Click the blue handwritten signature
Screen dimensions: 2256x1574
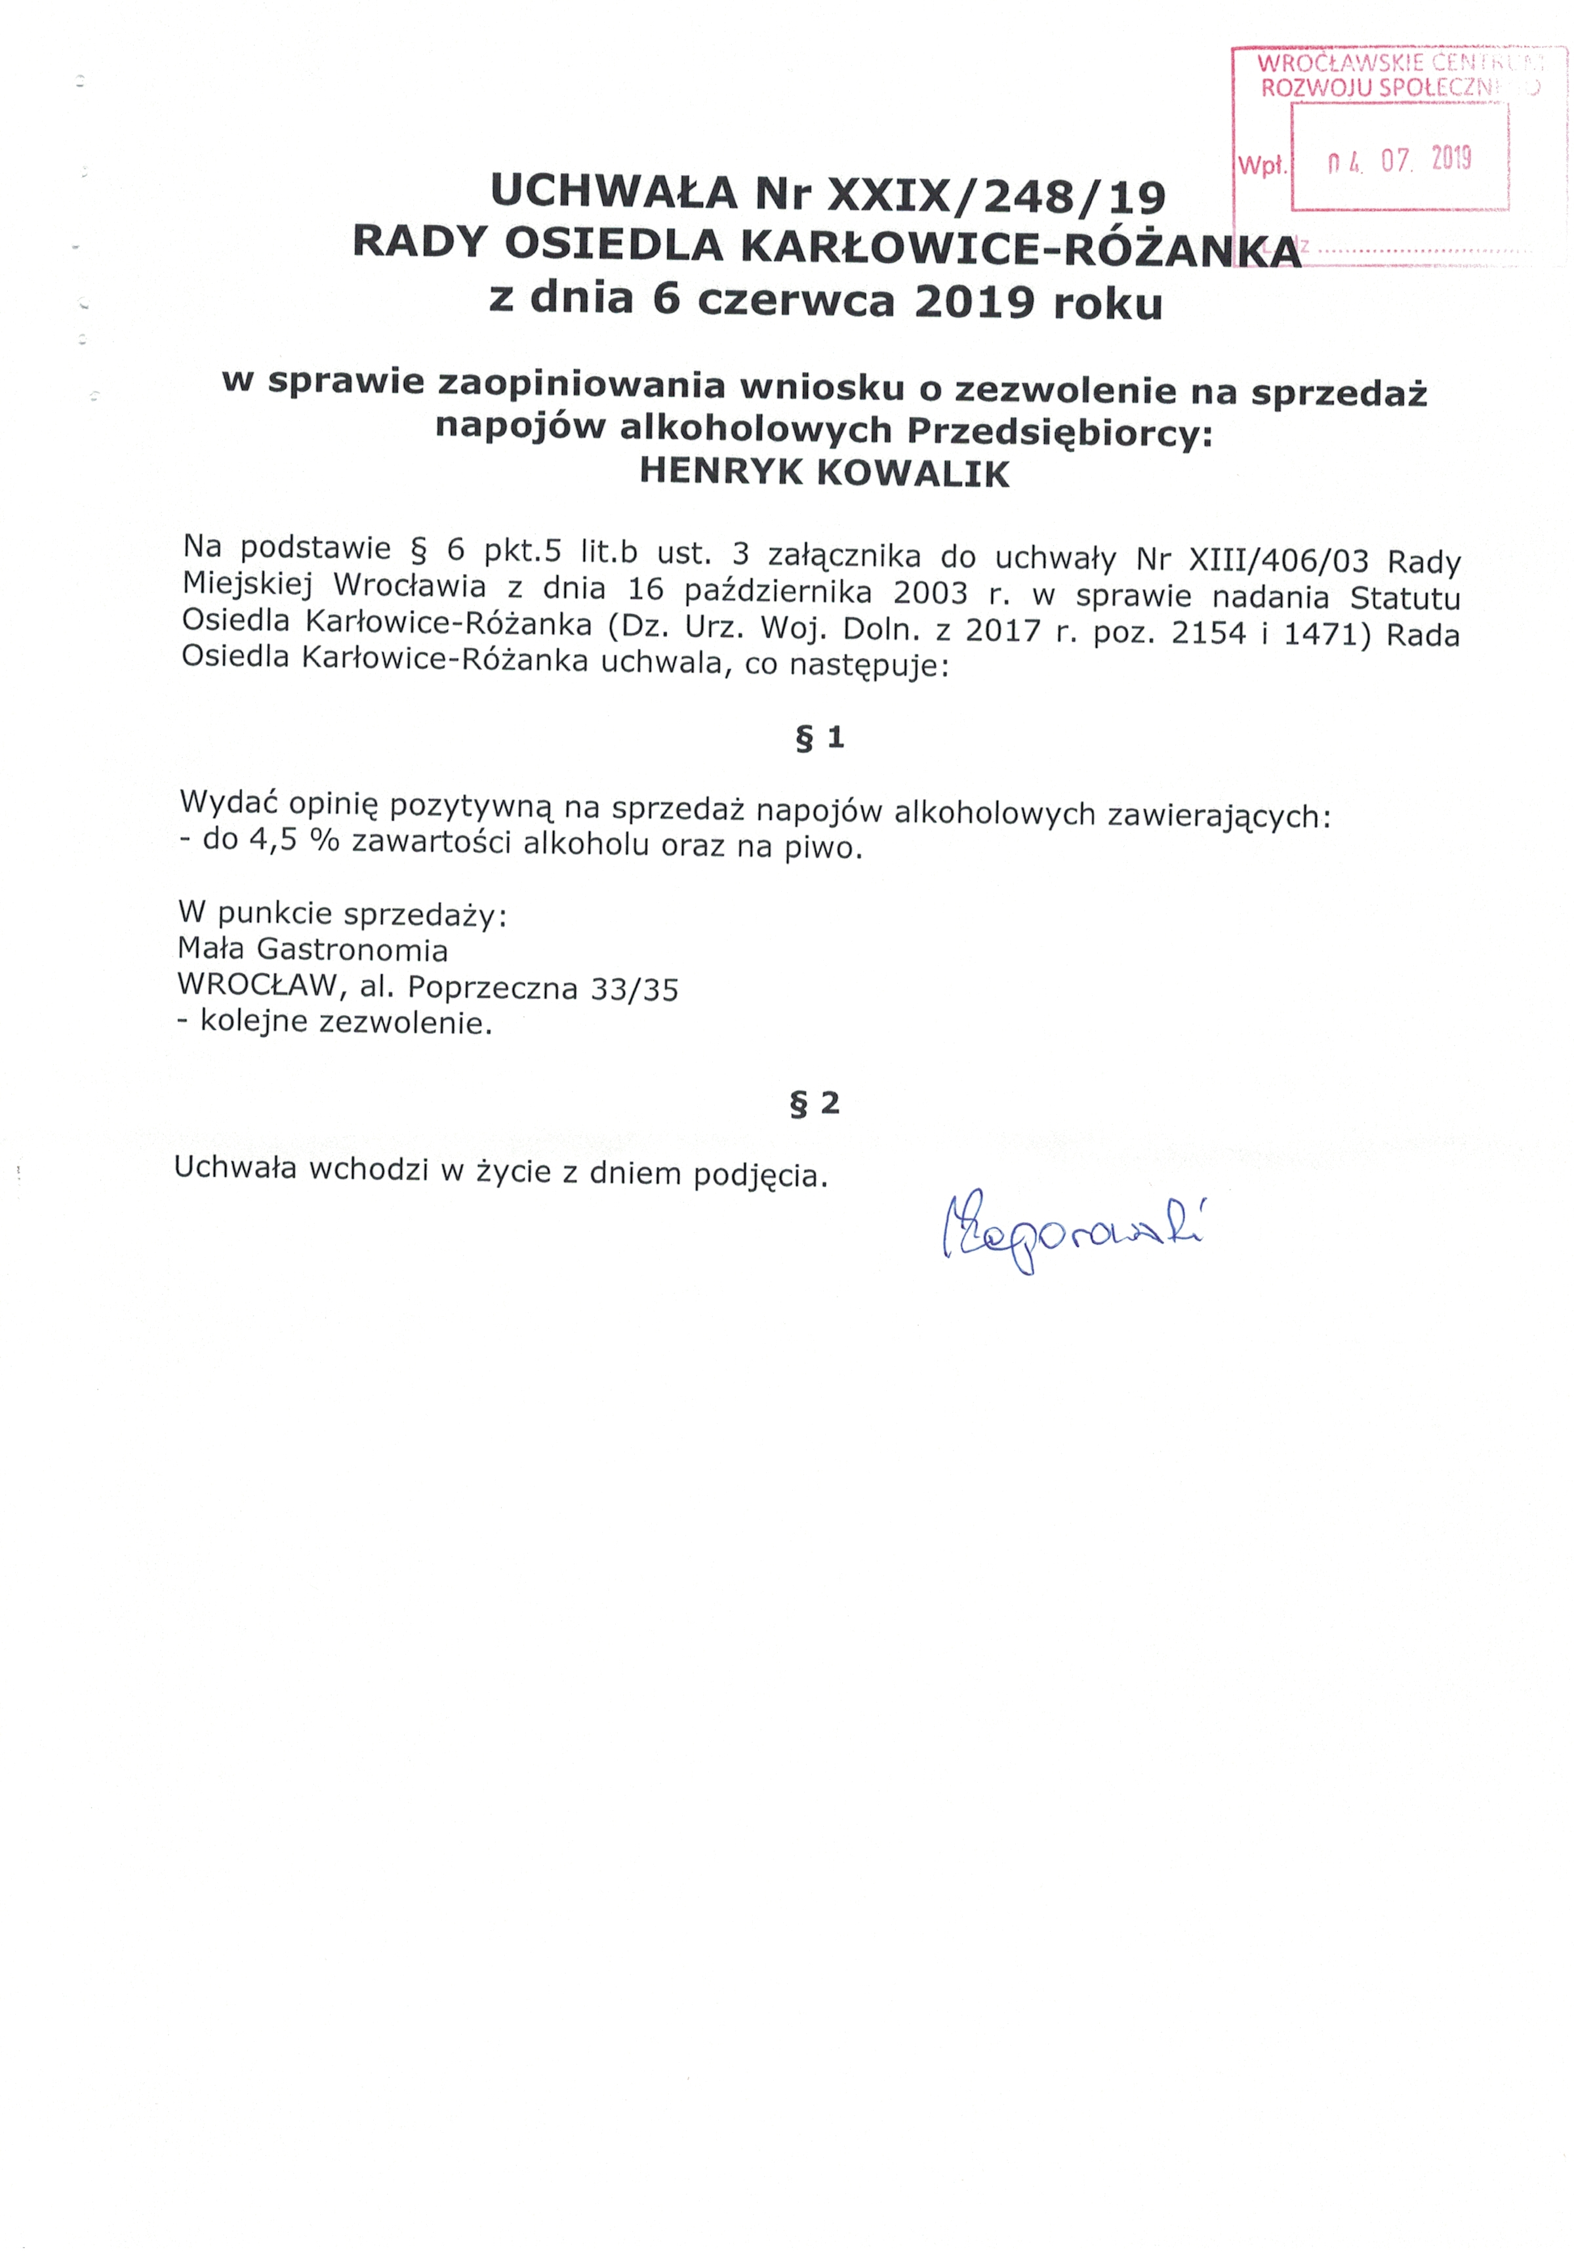pyautogui.click(x=1072, y=1234)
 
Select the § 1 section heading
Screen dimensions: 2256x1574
pyautogui.click(x=819, y=738)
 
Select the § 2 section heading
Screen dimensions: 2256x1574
pyautogui.click(x=815, y=1103)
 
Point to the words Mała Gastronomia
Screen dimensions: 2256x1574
pyautogui.click(x=312, y=949)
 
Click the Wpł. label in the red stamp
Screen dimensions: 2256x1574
pyautogui.click(x=1262, y=166)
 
